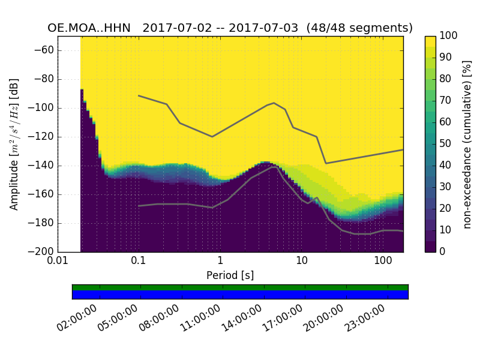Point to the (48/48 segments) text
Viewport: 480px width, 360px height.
click(x=359, y=28)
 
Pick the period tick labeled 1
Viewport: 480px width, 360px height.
click(x=220, y=262)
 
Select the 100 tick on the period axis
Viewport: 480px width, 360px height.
click(x=383, y=262)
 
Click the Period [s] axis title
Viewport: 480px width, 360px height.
click(x=230, y=275)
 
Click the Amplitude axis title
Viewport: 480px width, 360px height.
click(x=14, y=144)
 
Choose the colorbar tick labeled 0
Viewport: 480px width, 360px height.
click(x=444, y=252)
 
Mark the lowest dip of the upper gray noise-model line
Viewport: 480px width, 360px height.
click(x=326, y=163)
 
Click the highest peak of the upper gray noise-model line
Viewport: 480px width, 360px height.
click(x=274, y=103)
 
